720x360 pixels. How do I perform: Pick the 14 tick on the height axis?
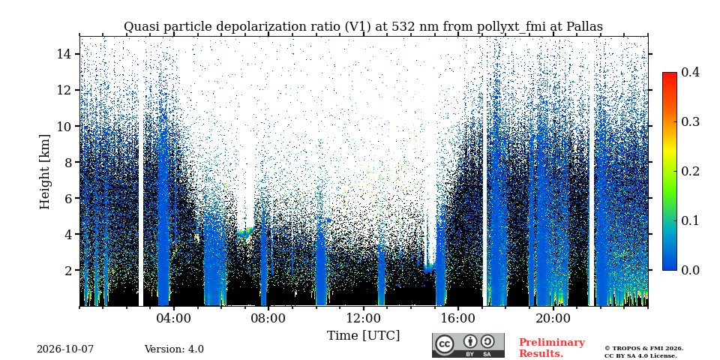point(64,54)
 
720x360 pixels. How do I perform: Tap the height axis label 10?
point(64,126)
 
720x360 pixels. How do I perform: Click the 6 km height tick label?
point(67,198)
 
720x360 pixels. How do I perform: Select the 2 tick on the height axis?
point(67,270)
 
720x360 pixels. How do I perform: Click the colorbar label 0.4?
point(690,73)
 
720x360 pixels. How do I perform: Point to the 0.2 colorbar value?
point(690,171)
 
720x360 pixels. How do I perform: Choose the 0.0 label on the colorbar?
point(690,270)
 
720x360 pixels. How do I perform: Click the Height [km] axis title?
point(44,172)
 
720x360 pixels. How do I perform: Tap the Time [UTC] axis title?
point(363,336)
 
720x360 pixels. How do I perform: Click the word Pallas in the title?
point(584,27)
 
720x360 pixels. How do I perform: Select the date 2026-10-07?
point(65,349)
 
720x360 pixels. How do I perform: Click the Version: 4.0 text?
point(174,349)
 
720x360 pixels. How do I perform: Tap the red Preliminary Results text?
point(552,348)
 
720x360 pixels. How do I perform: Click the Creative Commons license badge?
point(468,345)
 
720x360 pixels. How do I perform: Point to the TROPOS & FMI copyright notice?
point(643,352)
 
